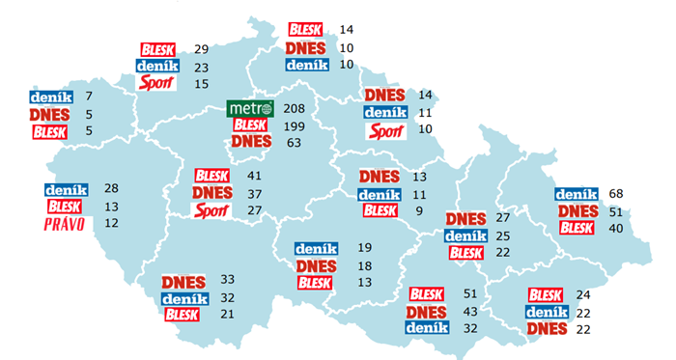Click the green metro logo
point(250,108)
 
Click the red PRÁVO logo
point(66,225)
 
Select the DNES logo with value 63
point(250,143)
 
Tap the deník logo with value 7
point(48,97)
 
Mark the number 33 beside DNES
point(229,282)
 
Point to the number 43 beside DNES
point(472,312)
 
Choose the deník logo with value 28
point(66,190)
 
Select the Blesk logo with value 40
point(577,228)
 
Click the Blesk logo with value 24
point(546,294)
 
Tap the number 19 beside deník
point(364,248)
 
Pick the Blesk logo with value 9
point(380,210)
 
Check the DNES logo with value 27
point(465,218)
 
